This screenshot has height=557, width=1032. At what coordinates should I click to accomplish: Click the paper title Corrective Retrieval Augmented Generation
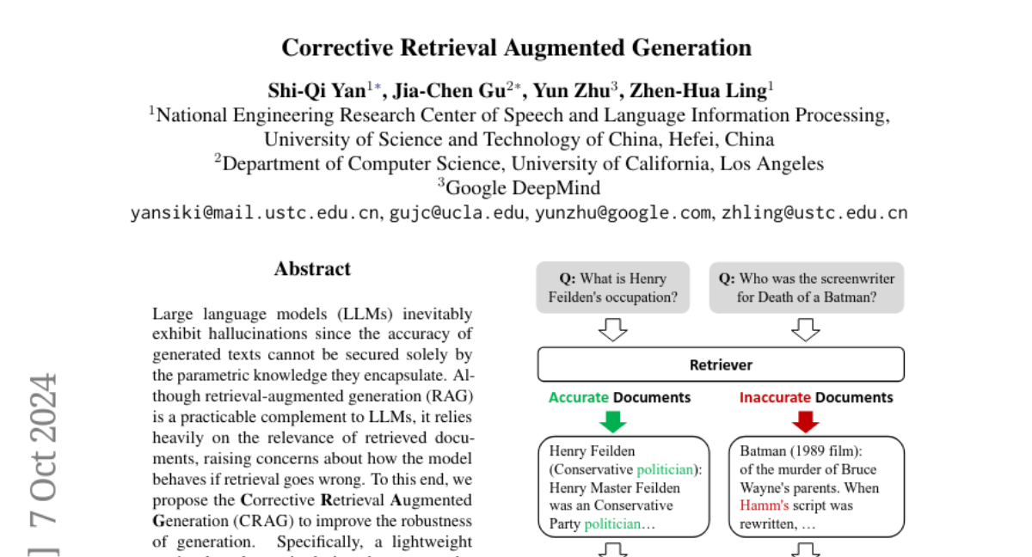[x=516, y=47]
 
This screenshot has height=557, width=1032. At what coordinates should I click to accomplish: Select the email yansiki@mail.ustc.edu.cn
[x=255, y=213]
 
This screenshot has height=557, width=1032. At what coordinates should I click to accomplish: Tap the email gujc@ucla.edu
[x=457, y=213]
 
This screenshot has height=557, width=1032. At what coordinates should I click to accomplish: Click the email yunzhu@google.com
[x=623, y=213]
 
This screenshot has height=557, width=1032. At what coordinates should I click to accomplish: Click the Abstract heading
[x=312, y=269]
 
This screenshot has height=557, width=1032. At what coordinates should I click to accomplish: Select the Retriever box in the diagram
[x=721, y=364]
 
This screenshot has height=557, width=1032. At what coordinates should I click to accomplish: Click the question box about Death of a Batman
[x=807, y=288]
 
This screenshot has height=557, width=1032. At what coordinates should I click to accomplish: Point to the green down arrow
[x=611, y=421]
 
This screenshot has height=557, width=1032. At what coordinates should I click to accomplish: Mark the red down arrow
[x=806, y=421]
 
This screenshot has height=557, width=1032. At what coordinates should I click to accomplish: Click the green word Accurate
[x=580, y=397]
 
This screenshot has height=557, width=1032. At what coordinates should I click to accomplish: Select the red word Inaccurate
[x=775, y=397]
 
